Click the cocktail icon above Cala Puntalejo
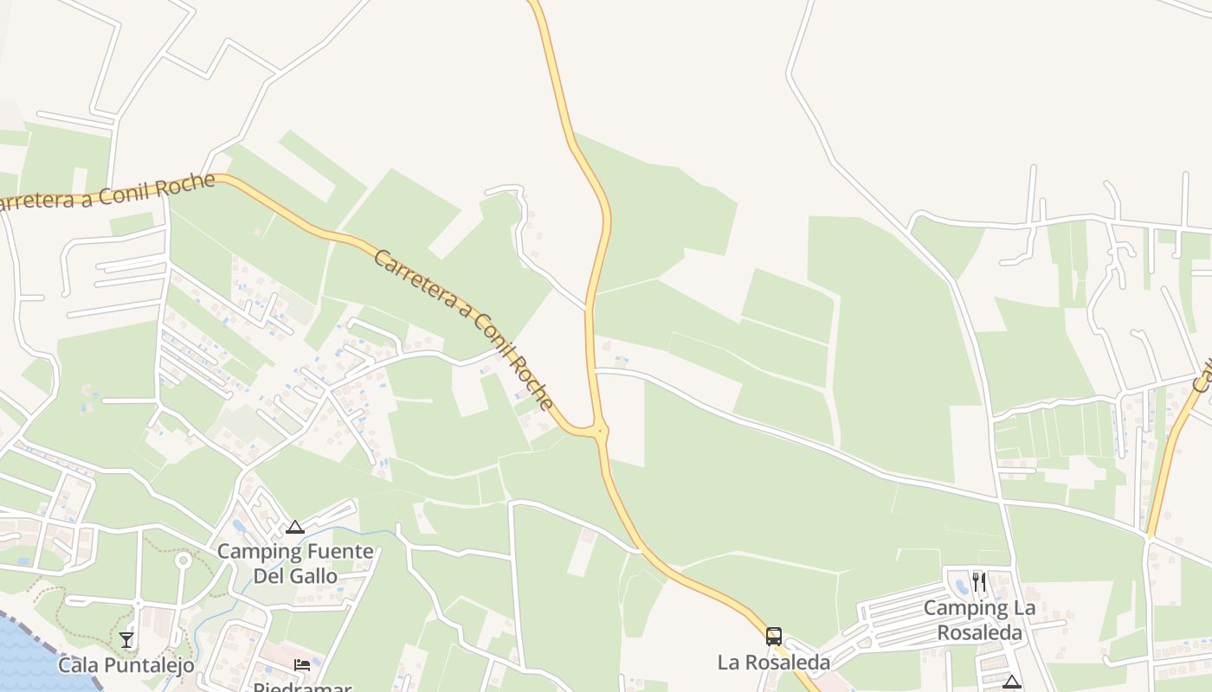(126, 639)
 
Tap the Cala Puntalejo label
(126, 664)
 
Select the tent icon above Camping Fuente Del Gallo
(295, 527)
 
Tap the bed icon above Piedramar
(301, 664)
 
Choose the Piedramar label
(301, 688)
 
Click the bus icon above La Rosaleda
(774, 637)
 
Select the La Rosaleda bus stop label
(774, 663)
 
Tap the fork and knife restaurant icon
(979, 581)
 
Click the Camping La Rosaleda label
(979, 620)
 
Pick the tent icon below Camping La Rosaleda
(1012, 682)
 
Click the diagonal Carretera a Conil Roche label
(463, 329)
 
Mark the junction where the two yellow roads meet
(599, 430)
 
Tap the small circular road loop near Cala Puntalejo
(183, 561)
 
